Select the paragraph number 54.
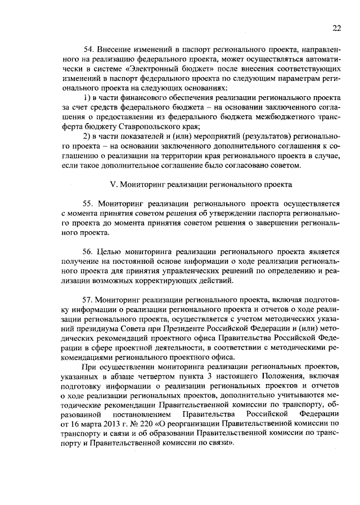[x=88, y=51]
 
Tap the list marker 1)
[x=88, y=97]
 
